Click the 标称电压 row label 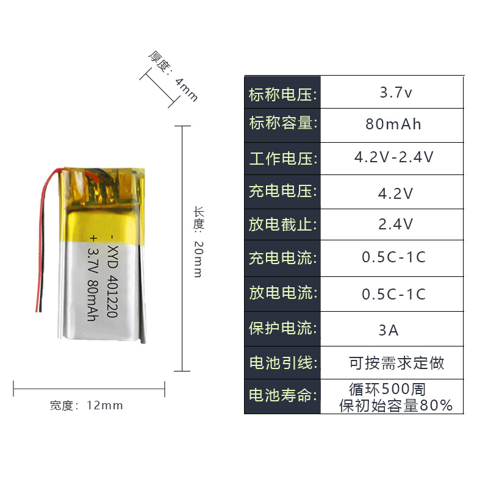[282, 95]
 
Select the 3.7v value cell [396, 93]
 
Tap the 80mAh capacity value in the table [393, 124]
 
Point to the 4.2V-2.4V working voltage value [394, 157]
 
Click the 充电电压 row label [282, 192]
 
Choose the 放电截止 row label [282, 224]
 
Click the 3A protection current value [389, 331]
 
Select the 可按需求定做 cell [396, 364]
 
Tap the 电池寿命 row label [282, 395]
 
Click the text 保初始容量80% [396, 405]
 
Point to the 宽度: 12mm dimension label [87, 405]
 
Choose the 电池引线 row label [282, 364]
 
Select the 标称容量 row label [282, 123]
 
